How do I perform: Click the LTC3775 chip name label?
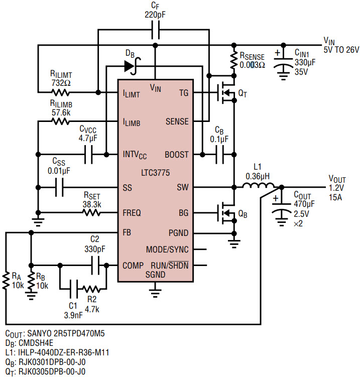[155, 173]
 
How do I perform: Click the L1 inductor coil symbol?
[258, 185]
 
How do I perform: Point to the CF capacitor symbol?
[156, 30]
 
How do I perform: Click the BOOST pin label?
[177, 155]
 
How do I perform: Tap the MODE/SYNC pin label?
[167, 249]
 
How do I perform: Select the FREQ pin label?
[132, 213]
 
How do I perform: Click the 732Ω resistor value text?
[61, 83]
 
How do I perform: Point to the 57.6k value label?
[61, 112]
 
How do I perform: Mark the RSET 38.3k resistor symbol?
[91, 213]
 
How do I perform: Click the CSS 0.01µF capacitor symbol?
[59, 187]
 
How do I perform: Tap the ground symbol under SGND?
[155, 291]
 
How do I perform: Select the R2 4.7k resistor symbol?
[91, 289]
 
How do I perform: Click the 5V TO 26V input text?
[341, 50]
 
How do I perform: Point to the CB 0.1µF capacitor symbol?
[219, 155]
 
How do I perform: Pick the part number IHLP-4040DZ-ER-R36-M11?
[63, 352]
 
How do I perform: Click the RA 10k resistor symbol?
[6, 281]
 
